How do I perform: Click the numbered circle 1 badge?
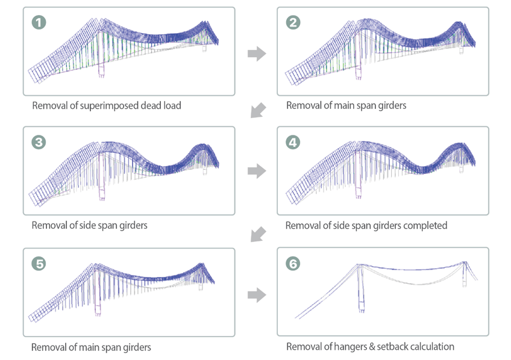coord(39,23)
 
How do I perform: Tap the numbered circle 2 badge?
coord(293,23)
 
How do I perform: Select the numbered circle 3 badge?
coord(39,143)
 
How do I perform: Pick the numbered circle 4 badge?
coord(293,143)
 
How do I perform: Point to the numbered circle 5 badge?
coord(39,264)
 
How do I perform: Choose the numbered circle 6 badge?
coord(293,264)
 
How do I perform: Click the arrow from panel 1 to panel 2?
coord(257,54)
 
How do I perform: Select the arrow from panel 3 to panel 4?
coord(257,172)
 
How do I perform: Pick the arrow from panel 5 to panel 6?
coord(257,295)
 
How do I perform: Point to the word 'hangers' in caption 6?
coord(350,347)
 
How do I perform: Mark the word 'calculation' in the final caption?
coord(432,347)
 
